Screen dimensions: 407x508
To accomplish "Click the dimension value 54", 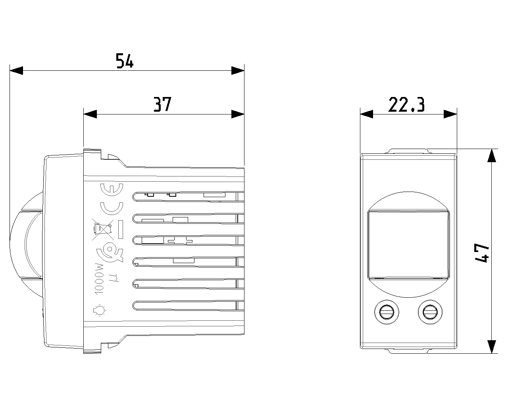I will [x=125, y=61].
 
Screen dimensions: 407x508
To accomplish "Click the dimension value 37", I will [x=162, y=104].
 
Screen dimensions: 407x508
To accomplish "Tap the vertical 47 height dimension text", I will [x=481, y=253].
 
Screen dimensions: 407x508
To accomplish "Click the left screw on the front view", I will [x=386, y=312].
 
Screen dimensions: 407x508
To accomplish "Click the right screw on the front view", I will [x=429, y=312].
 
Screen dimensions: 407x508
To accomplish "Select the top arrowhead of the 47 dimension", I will [x=492, y=155].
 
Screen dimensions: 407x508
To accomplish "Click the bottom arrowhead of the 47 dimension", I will [x=492, y=347].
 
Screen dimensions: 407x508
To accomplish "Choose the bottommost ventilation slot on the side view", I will [x=187, y=305].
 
